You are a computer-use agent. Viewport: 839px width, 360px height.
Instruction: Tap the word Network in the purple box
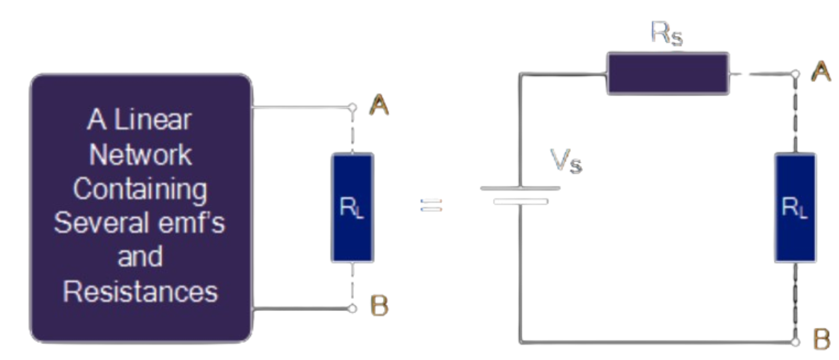pyautogui.click(x=140, y=155)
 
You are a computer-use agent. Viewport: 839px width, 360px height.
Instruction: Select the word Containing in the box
pyautogui.click(x=140, y=189)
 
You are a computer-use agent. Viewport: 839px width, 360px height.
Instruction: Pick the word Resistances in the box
pyautogui.click(x=140, y=292)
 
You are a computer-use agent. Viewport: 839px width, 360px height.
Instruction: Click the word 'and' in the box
pyautogui.click(x=140, y=257)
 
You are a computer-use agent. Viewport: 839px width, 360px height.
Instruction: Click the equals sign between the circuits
pyautogui.click(x=431, y=206)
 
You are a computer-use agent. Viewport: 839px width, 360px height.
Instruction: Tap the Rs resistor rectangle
pyautogui.click(x=667, y=74)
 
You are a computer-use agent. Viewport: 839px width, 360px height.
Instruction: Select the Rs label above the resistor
pyautogui.click(x=666, y=34)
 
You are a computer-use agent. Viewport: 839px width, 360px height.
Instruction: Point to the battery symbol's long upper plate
pyautogui.click(x=520, y=188)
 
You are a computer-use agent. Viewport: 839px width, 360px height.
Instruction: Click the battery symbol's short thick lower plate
pyautogui.click(x=521, y=202)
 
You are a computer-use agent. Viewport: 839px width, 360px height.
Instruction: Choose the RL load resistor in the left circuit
pyautogui.click(x=352, y=208)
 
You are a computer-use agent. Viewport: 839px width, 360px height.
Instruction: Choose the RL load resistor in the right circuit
pyautogui.click(x=795, y=208)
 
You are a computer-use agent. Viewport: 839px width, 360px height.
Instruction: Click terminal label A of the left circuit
pyautogui.click(x=379, y=106)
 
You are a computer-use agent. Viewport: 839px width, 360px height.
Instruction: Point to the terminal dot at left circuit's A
pyautogui.click(x=353, y=107)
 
